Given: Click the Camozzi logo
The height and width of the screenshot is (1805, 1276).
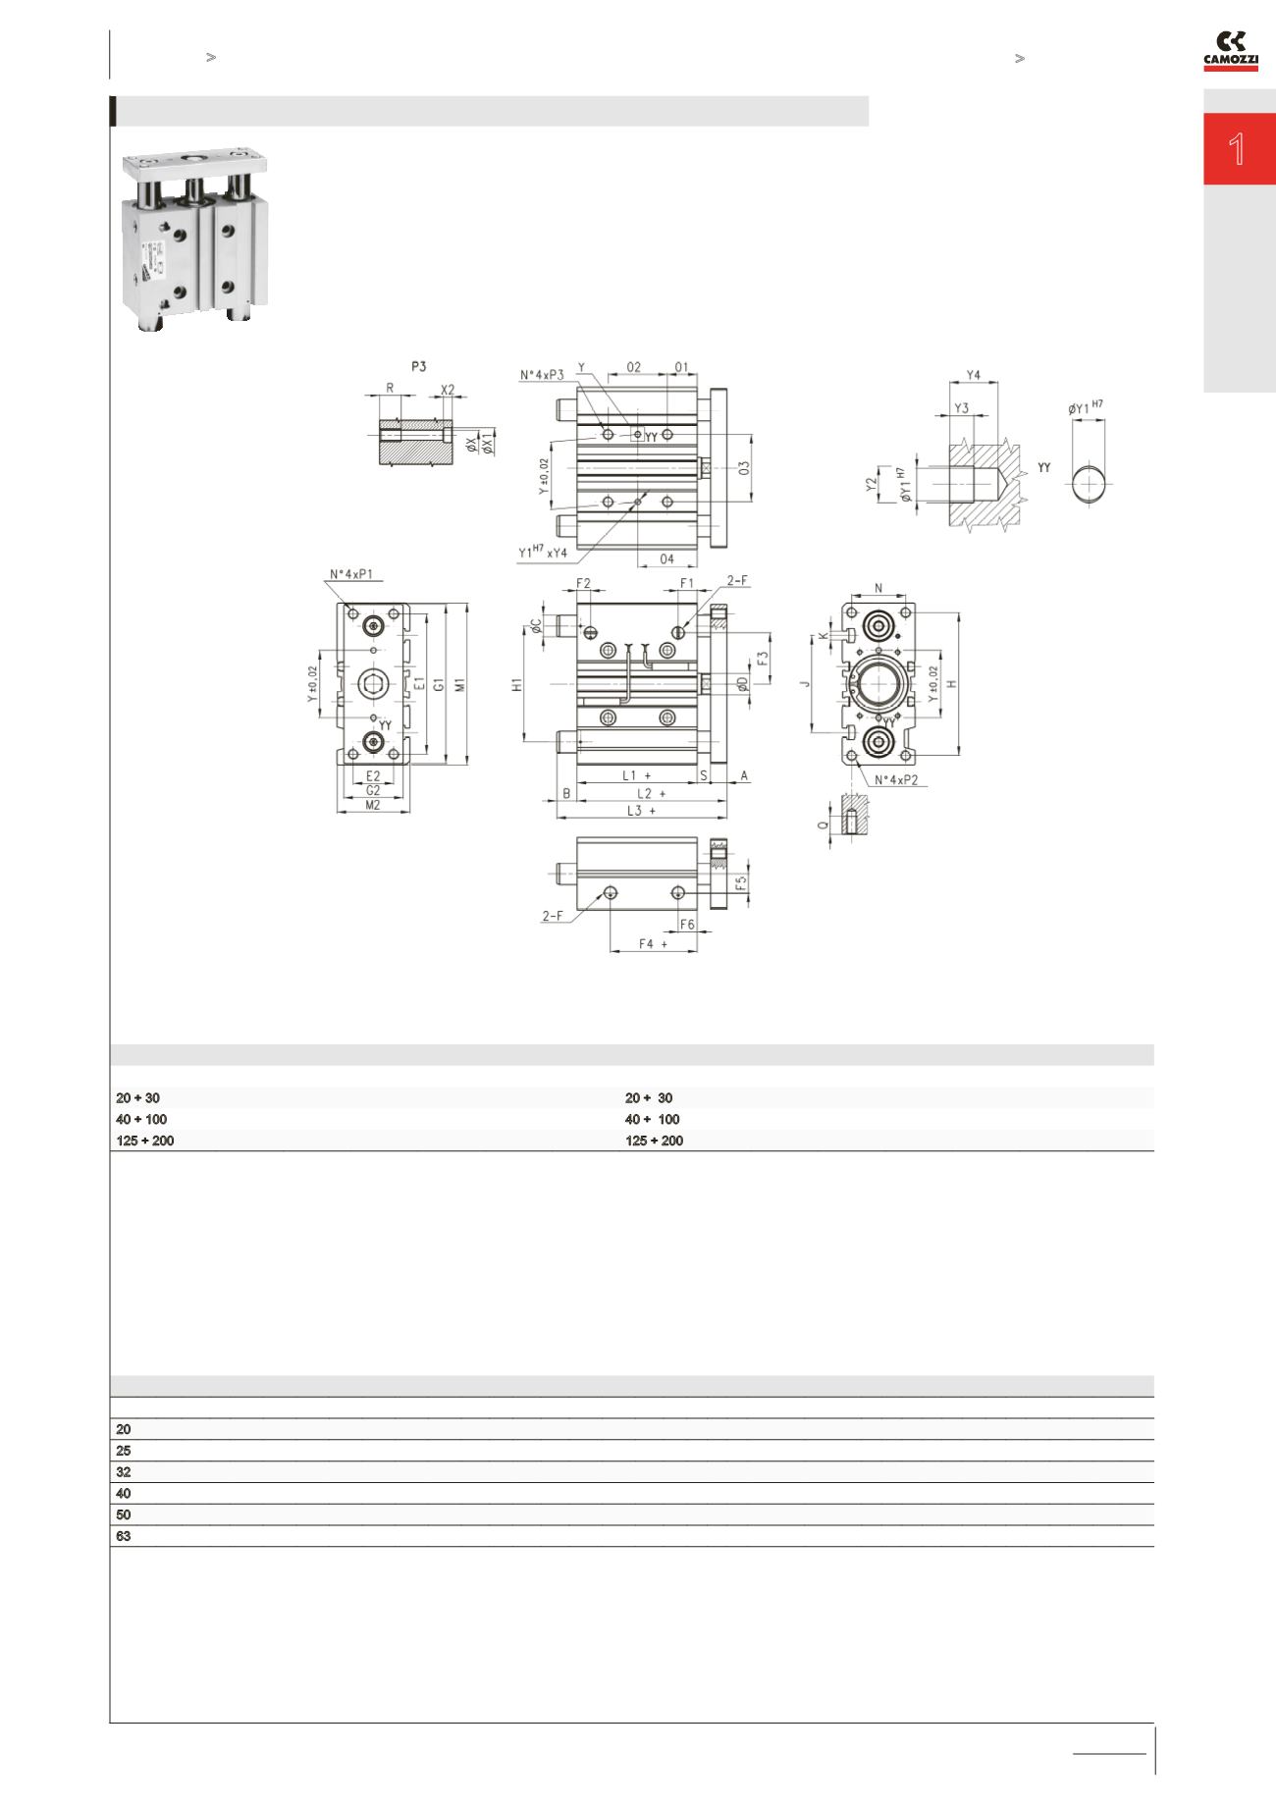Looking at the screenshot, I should tap(1231, 51).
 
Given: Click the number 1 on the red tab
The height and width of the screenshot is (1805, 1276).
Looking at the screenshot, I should tap(1238, 150).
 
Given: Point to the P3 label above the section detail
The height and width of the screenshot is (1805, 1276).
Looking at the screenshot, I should tap(419, 366).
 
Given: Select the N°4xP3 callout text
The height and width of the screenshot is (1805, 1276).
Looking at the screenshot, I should tap(543, 374).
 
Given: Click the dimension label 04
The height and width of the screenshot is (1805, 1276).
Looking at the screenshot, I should tap(666, 559).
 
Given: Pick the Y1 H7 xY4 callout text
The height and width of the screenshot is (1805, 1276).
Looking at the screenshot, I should tap(543, 554).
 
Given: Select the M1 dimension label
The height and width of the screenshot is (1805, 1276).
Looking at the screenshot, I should tap(458, 684).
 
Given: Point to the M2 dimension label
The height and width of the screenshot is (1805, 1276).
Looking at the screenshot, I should tap(373, 805).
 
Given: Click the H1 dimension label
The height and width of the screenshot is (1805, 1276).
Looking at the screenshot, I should tap(517, 685).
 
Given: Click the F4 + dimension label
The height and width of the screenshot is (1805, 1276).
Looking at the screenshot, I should tap(653, 943).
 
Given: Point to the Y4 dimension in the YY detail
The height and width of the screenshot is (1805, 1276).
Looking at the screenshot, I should tap(974, 375).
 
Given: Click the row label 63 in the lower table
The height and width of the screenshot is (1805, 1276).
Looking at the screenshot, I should tap(124, 1536).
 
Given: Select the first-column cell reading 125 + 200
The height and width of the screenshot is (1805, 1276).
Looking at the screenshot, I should tap(145, 1141).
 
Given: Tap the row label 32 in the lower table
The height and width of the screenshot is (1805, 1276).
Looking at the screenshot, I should tap(124, 1472).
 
